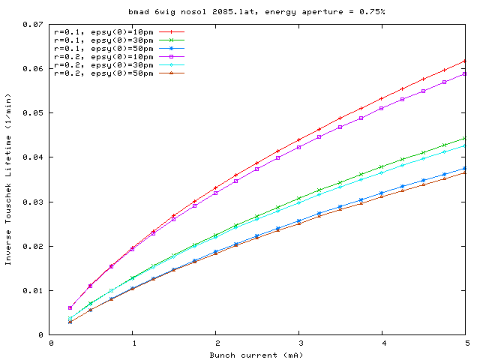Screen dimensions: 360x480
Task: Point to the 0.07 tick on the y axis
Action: click(x=33, y=24)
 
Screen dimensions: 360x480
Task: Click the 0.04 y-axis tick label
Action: click(x=33, y=157)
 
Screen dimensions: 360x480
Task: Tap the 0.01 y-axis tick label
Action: click(x=33, y=290)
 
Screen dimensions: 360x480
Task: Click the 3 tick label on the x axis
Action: click(x=299, y=343)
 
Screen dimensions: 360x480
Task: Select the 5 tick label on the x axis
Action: click(x=466, y=343)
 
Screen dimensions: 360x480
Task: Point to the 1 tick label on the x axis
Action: click(x=133, y=343)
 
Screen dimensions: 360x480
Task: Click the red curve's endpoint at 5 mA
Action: click(x=466, y=61)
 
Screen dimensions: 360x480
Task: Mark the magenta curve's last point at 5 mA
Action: click(x=466, y=73)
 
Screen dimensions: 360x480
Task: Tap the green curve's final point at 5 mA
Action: click(x=466, y=138)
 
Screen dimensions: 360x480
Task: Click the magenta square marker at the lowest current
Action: click(x=70, y=307)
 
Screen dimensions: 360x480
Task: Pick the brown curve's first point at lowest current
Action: click(x=70, y=322)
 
